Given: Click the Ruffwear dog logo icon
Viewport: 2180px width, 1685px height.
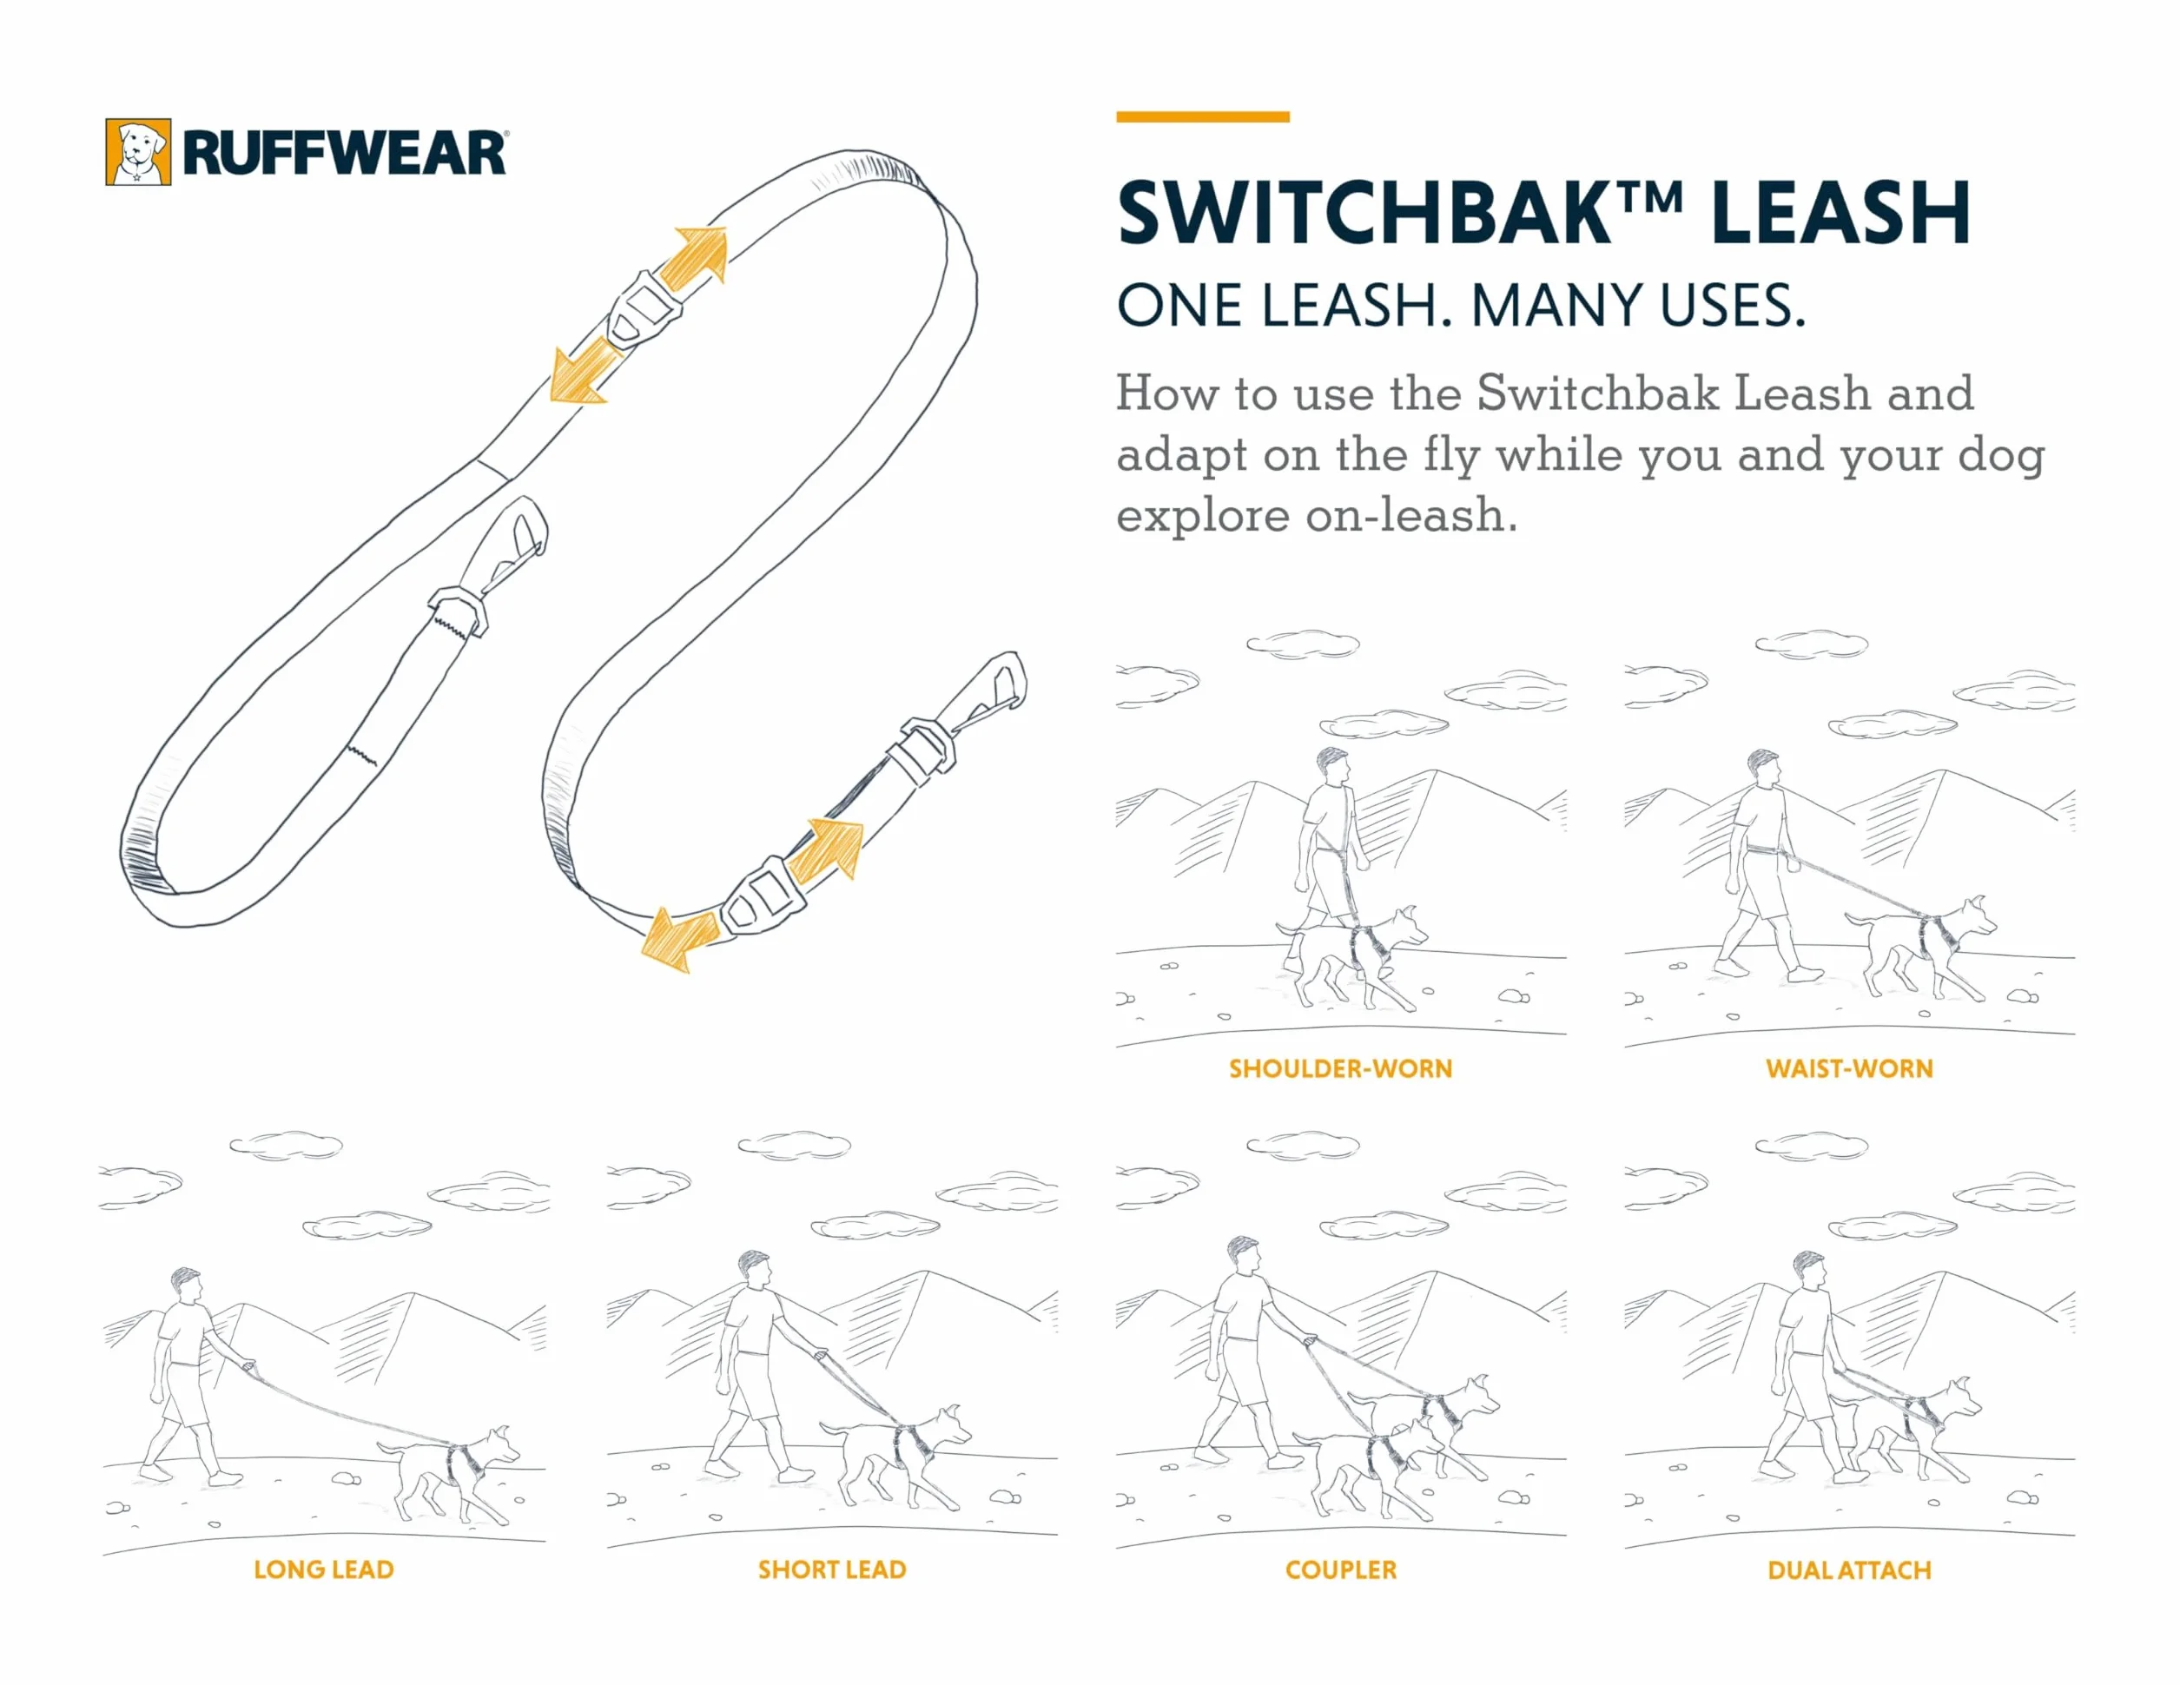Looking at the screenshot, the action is click(138, 152).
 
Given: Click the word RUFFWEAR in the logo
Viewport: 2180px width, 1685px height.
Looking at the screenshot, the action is click(344, 153).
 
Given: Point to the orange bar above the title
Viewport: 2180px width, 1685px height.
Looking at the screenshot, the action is click(1203, 116).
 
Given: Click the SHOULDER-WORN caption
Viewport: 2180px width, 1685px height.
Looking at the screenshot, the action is click(1340, 1069).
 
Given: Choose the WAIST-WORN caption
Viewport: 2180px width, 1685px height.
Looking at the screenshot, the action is click(1850, 1069).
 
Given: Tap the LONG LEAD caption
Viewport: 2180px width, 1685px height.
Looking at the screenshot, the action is click(323, 1570).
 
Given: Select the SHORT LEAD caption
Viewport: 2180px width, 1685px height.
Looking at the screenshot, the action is click(831, 1570).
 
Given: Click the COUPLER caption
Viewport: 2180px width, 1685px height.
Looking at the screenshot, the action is click(1340, 1570).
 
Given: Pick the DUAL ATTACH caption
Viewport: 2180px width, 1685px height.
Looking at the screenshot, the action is click(1850, 1570).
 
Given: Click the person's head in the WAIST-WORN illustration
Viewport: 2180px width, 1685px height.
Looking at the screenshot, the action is click(1764, 768).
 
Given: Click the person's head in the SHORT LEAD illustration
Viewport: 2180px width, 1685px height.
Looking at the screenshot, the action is click(756, 1270).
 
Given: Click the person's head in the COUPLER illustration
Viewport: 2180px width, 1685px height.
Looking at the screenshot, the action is click(1245, 1256).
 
